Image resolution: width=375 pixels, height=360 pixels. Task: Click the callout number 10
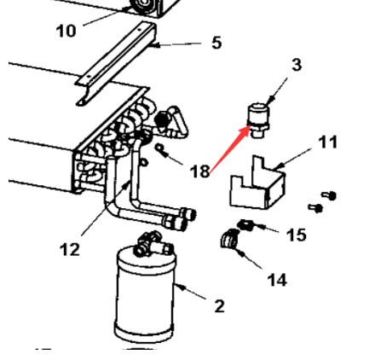(66, 31)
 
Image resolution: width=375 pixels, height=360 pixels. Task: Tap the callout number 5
(216, 43)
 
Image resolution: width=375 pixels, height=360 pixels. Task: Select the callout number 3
(297, 65)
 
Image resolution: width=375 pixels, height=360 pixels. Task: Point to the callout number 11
(328, 142)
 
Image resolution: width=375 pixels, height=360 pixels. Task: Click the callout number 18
(199, 171)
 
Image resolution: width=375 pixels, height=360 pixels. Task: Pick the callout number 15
(297, 235)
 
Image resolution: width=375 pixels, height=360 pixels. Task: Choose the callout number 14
(277, 280)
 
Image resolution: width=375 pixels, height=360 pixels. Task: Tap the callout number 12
(70, 250)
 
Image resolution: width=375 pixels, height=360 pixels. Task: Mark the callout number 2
(219, 306)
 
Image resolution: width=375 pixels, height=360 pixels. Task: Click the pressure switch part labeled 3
(258, 120)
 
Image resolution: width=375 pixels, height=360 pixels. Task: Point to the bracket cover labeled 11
(257, 182)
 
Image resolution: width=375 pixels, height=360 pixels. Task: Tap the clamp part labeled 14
(229, 238)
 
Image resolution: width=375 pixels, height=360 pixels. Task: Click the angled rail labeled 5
(116, 64)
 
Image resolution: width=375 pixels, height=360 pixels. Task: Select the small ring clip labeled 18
(161, 149)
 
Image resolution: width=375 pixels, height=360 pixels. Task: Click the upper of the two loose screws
(330, 195)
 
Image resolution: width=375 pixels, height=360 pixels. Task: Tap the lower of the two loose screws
(315, 208)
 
